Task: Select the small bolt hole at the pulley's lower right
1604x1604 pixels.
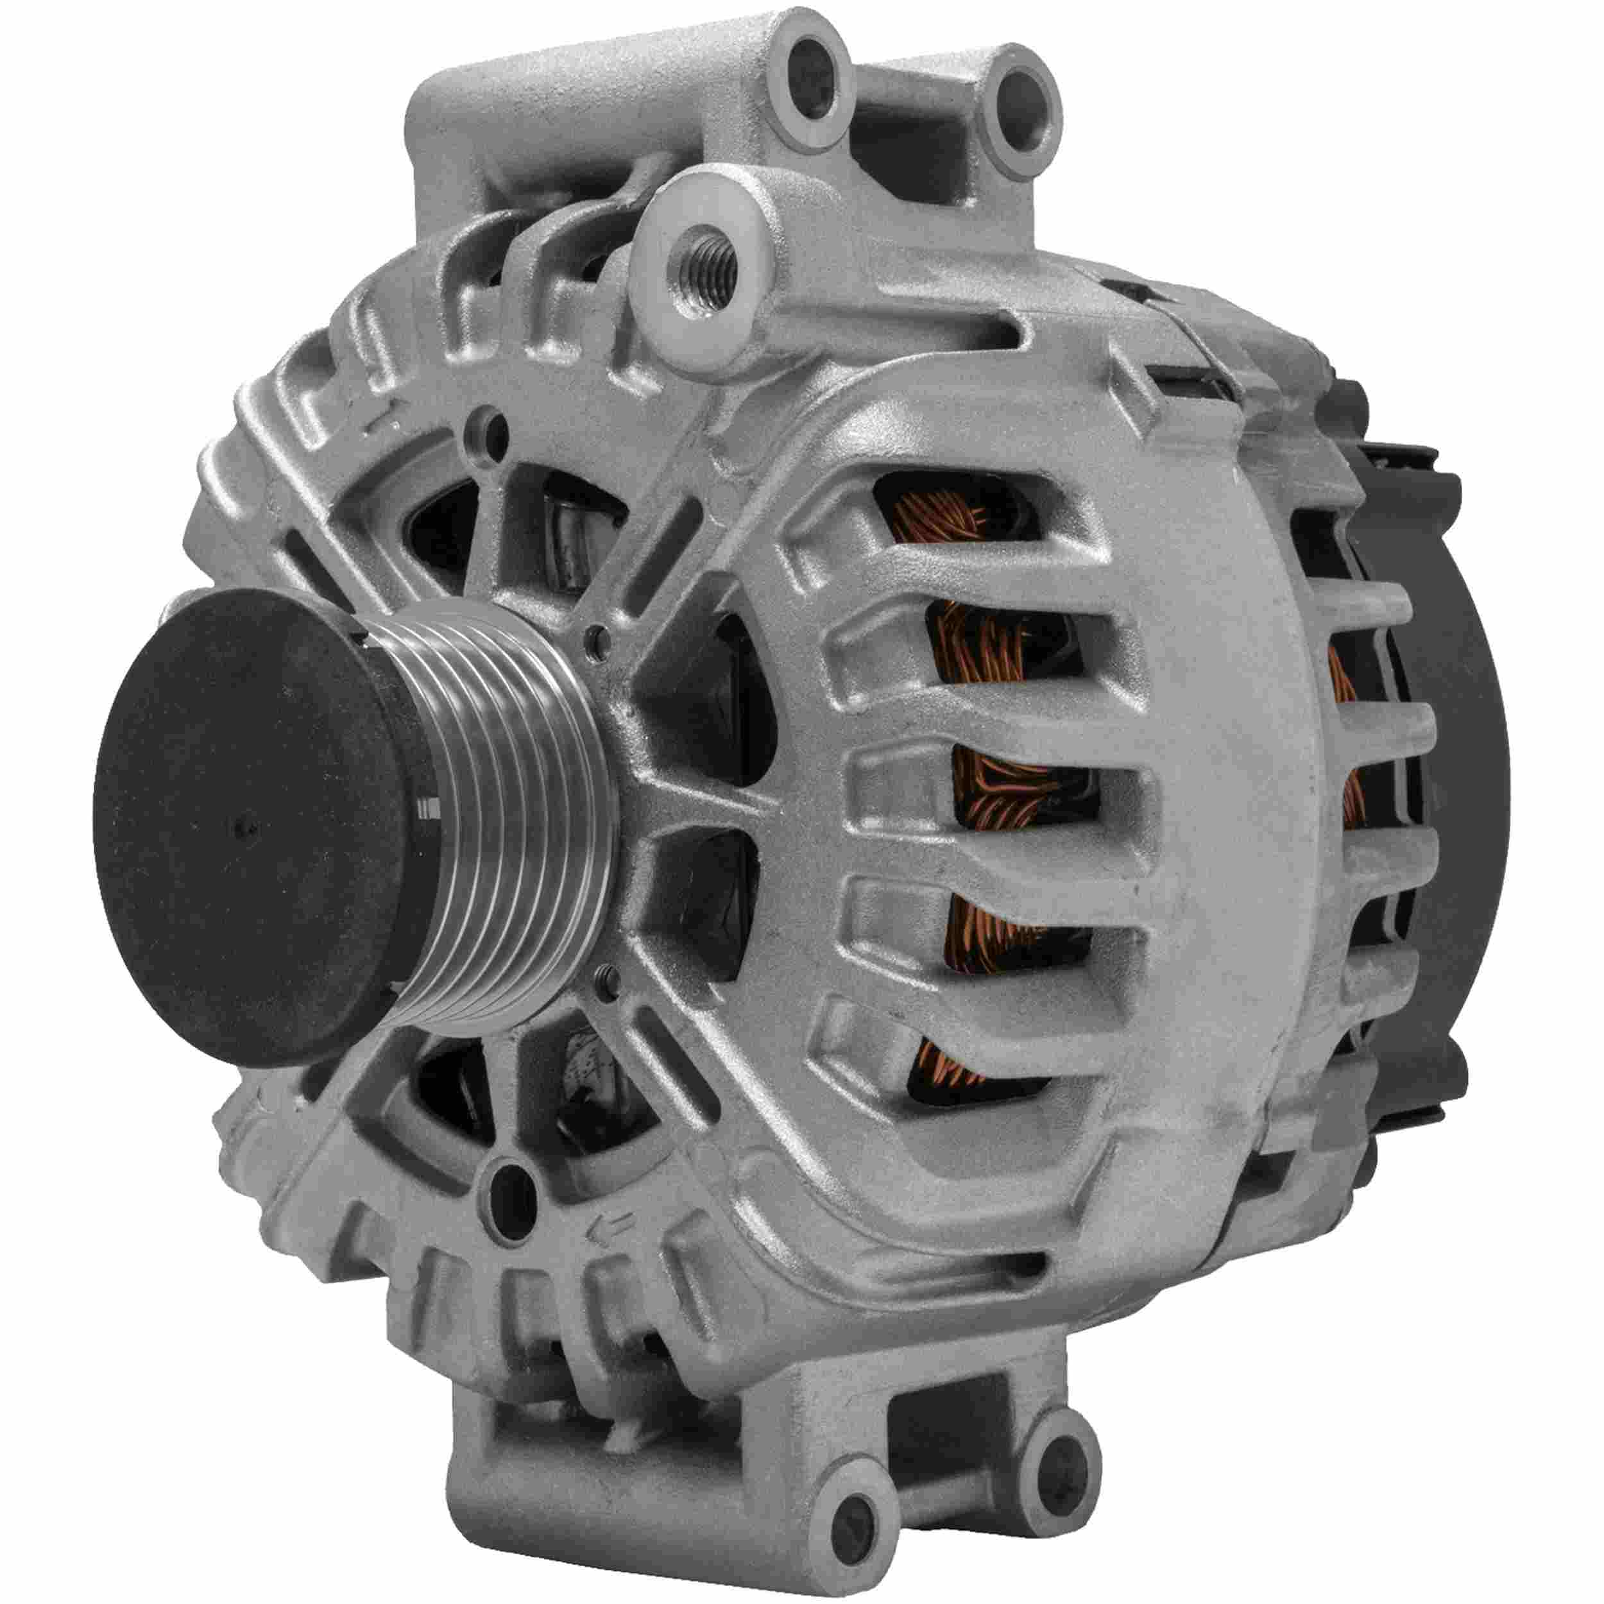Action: (x=608, y=994)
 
